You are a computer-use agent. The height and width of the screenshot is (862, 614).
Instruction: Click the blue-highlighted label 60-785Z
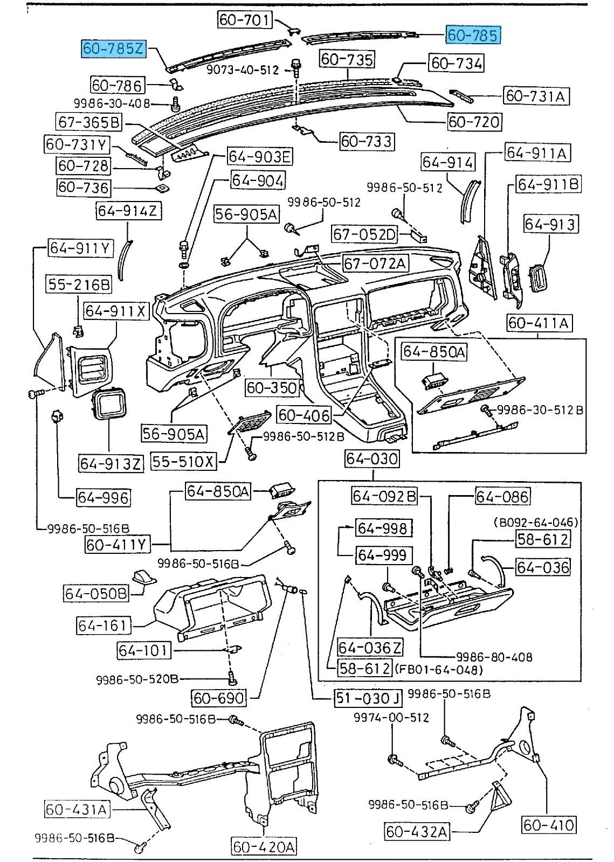pyautogui.click(x=114, y=48)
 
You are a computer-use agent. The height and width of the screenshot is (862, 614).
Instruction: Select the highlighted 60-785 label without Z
pyautogui.click(x=472, y=35)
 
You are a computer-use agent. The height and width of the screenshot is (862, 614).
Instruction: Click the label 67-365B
pyautogui.click(x=89, y=122)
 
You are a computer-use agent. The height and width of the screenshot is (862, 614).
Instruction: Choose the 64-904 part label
pyautogui.click(x=258, y=180)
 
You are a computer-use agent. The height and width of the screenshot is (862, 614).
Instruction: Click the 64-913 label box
pyautogui.click(x=550, y=224)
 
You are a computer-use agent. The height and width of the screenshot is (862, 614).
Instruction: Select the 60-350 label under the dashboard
pyautogui.click(x=272, y=387)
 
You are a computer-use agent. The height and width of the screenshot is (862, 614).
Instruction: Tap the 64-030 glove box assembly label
pyautogui.click(x=372, y=458)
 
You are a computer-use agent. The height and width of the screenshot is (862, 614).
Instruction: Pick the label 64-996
pyautogui.click(x=103, y=497)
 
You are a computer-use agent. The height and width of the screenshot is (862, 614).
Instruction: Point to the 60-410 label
pyautogui.click(x=549, y=824)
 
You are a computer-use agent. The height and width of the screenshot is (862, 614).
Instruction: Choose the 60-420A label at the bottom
pyautogui.click(x=264, y=847)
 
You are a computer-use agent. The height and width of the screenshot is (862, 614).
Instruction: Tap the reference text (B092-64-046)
pyautogui.click(x=536, y=522)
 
